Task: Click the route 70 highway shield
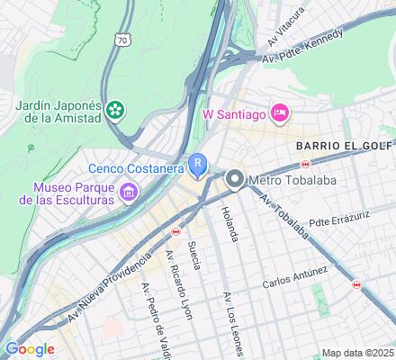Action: tap(122, 40)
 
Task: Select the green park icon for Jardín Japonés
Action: tap(115, 111)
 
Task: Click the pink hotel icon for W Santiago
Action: tap(279, 112)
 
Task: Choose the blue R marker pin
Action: tap(198, 165)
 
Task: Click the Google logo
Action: tap(30, 349)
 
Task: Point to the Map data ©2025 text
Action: tap(358, 353)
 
